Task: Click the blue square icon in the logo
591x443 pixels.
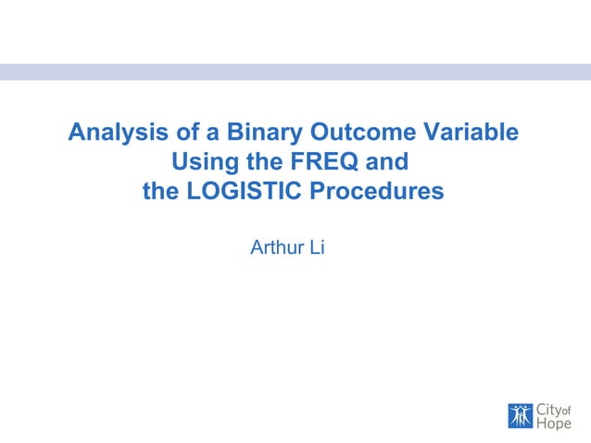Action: point(521,416)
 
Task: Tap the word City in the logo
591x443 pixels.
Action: point(548,410)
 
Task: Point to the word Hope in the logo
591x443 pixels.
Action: point(554,424)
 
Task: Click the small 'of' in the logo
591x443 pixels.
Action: point(566,407)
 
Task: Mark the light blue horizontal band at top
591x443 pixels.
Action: point(295,71)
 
